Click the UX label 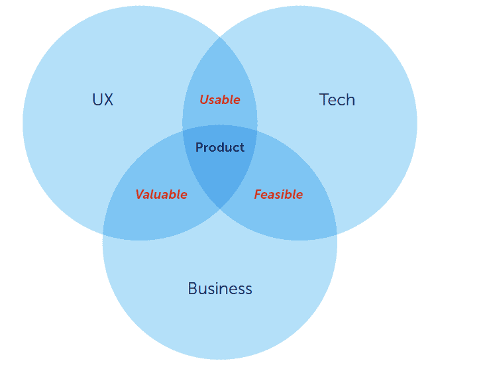(103, 99)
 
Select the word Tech (337, 99)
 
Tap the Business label (220, 288)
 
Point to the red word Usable (220, 99)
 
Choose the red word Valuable (161, 194)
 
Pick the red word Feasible (278, 194)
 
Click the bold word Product (220, 147)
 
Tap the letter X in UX (108, 99)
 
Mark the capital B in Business (193, 288)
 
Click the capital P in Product (199, 147)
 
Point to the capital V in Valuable (140, 194)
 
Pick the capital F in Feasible (258, 194)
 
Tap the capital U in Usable (204, 99)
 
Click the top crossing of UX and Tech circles (220, 37)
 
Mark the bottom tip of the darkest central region (220, 209)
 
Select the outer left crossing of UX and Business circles (103, 233)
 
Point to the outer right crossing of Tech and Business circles (337, 233)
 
